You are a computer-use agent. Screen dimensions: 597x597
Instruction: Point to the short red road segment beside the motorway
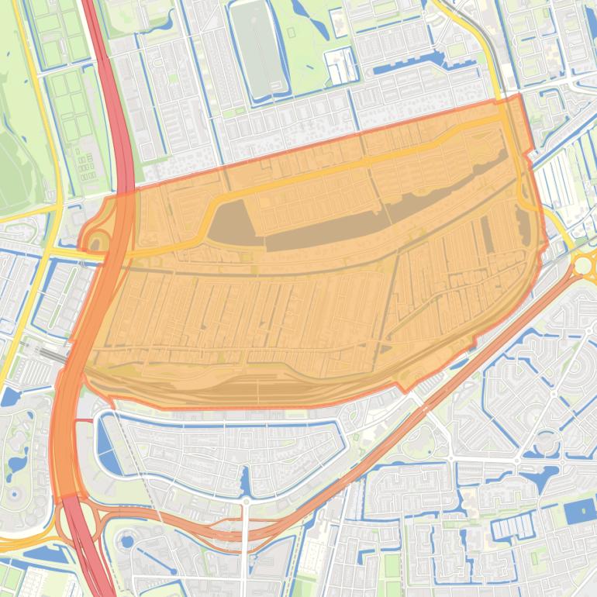tap(83, 420)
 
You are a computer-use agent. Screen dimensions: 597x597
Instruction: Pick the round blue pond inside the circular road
tap(126, 540)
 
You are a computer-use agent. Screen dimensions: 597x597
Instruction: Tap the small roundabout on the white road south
tap(246, 502)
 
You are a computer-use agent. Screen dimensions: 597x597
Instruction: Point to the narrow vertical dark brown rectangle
tap(487, 233)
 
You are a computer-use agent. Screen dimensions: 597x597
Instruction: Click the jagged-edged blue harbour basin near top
tap(403, 66)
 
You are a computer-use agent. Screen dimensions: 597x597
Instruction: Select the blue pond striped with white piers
tap(512, 527)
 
